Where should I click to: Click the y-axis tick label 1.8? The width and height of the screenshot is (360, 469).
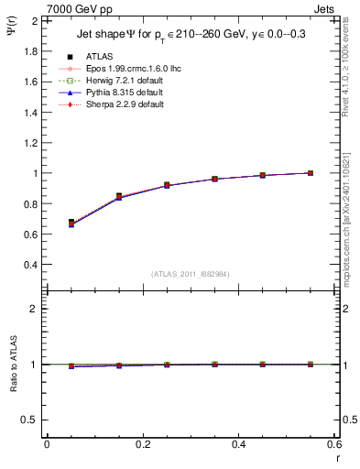coord(28,51)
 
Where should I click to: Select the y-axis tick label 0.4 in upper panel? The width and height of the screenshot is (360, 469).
coord(28,265)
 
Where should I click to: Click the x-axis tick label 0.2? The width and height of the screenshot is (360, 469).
coord(143,444)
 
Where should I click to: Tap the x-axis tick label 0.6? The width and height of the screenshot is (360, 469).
coord(334,444)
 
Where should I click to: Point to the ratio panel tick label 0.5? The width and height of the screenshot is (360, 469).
coord(28,420)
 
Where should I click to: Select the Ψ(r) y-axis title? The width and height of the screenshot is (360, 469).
coord(10,31)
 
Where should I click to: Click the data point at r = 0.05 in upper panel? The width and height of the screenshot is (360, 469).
coord(71,223)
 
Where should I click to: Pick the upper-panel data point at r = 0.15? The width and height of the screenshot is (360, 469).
coord(119,196)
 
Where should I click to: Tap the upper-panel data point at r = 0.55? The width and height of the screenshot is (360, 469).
coord(311,172)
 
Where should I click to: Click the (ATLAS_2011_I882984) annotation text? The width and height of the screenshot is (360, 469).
coord(190,274)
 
